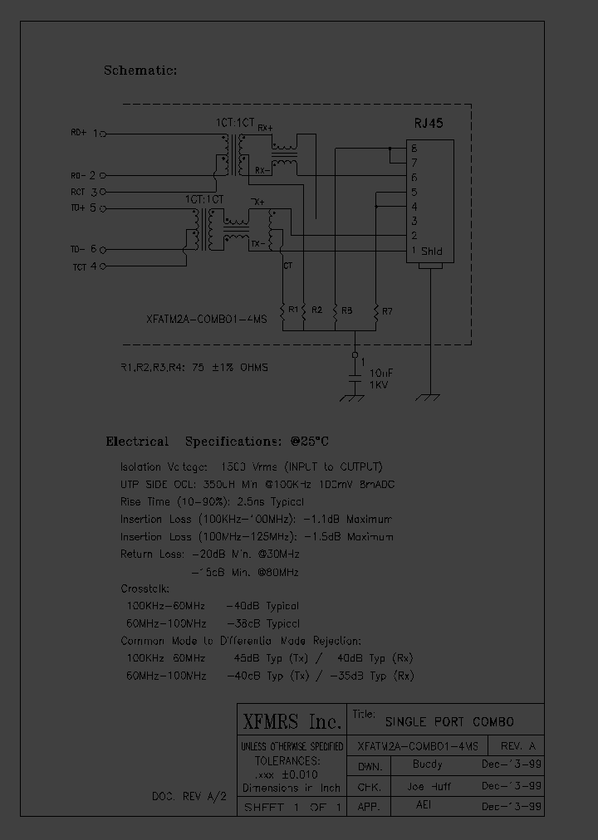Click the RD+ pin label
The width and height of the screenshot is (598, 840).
(x=78, y=133)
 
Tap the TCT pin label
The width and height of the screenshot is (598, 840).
(x=79, y=266)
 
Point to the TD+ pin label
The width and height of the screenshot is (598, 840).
(x=77, y=208)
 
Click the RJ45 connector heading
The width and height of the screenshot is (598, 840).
(x=429, y=123)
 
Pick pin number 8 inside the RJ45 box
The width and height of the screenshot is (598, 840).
(x=413, y=148)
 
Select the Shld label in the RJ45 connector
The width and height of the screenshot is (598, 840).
(x=432, y=252)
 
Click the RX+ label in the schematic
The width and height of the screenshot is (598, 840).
(x=263, y=127)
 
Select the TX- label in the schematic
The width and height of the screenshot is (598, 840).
(x=257, y=244)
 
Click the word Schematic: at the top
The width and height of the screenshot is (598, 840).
(x=140, y=71)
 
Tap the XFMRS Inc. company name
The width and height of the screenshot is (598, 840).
(x=291, y=719)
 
